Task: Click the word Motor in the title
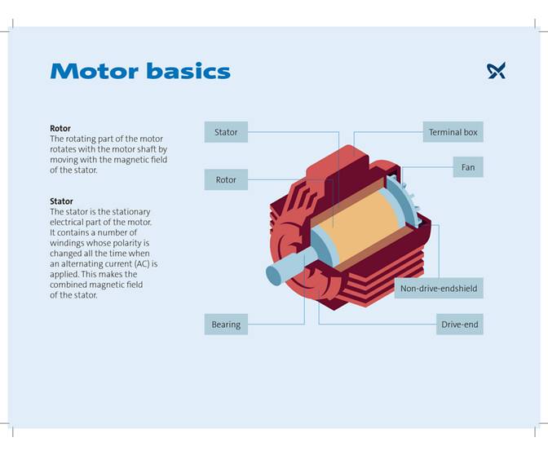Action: tap(93, 71)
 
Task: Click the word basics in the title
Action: tap(187, 71)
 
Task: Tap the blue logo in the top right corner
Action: tap(496, 71)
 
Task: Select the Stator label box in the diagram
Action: tap(226, 132)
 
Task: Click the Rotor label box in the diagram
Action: tap(226, 179)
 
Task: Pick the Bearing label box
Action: tap(226, 325)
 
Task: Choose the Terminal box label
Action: tap(453, 132)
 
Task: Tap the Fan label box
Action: tap(468, 167)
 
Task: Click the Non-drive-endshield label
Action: tap(439, 289)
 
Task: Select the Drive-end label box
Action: tap(460, 325)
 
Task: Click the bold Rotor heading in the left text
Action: tap(60, 129)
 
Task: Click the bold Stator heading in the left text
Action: tap(61, 201)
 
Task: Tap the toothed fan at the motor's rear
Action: tap(405, 201)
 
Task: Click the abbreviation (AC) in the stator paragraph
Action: tap(129, 264)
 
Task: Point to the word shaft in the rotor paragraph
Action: tap(145, 150)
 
